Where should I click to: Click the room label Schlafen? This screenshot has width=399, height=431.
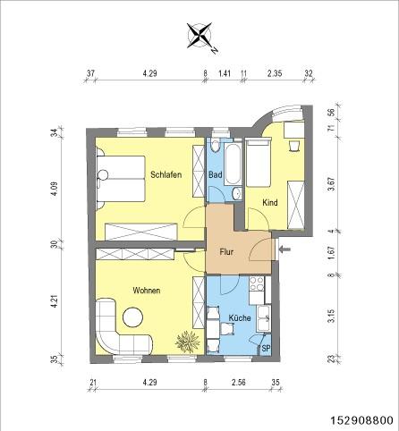tap(166, 174)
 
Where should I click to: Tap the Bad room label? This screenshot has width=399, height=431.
tap(216, 174)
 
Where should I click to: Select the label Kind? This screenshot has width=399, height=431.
tap(269, 203)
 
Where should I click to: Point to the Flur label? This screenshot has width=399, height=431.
tap(226, 253)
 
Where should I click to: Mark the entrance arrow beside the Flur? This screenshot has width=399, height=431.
tap(284, 251)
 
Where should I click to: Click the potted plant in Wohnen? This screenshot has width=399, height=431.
tap(188, 341)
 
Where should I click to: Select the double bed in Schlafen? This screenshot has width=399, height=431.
tap(122, 182)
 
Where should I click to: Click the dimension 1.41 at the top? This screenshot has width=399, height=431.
tap(225, 75)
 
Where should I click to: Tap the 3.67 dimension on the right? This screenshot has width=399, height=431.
tap(331, 183)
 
